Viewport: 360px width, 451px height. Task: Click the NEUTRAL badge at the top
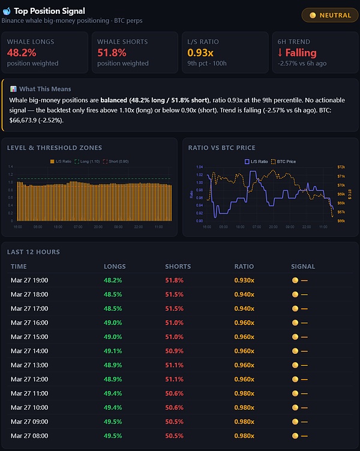(x=331, y=16)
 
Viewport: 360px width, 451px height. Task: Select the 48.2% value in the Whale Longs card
(x=22, y=53)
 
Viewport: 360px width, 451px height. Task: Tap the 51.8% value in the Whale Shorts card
(x=112, y=53)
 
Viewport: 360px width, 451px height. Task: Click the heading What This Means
(x=45, y=89)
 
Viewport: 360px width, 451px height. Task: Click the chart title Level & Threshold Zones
(x=55, y=148)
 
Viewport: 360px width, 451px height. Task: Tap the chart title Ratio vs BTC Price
(x=222, y=148)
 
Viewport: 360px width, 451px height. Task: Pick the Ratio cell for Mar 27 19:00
(x=244, y=280)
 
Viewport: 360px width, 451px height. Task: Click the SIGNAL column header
(x=303, y=266)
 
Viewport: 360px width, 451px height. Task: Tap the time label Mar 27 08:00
(x=29, y=435)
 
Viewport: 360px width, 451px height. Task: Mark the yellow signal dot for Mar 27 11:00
(x=295, y=389)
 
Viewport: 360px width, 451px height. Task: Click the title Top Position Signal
(x=49, y=11)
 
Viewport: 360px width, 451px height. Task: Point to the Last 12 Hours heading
(x=34, y=252)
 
